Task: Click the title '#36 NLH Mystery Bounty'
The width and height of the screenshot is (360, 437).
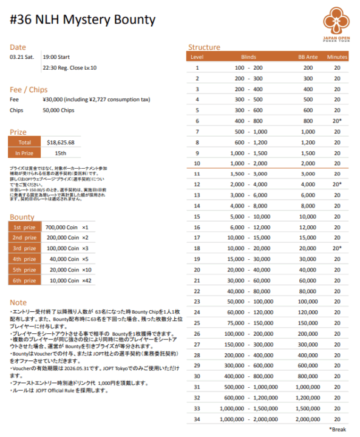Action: click(x=83, y=20)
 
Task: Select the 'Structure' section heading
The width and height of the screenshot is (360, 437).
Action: click(x=204, y=47)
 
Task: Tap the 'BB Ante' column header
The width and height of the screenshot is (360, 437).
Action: click(x=308, y=56)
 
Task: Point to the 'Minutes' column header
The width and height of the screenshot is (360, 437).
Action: click(x=337, y=56)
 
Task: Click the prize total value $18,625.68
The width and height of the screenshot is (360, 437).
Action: click(x=60, y=142)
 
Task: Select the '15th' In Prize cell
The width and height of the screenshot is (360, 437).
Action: click(x=60, y=153)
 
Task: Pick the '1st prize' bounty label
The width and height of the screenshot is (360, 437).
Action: click(x=25, y=227)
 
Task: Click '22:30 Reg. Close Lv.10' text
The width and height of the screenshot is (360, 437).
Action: click(x=70, y=68)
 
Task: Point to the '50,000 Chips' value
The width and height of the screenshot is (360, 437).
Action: click(x=58, y=110)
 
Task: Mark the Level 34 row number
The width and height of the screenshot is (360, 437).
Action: click(x=197, y=419)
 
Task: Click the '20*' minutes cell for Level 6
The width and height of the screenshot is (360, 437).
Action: click(x=337, y=121)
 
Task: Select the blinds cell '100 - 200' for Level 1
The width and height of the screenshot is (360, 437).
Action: click(x=249, y=67)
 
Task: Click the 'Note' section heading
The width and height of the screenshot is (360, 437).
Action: click(x=18, y=302)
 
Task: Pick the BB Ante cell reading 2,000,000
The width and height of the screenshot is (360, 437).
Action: click(x=308, y=419)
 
